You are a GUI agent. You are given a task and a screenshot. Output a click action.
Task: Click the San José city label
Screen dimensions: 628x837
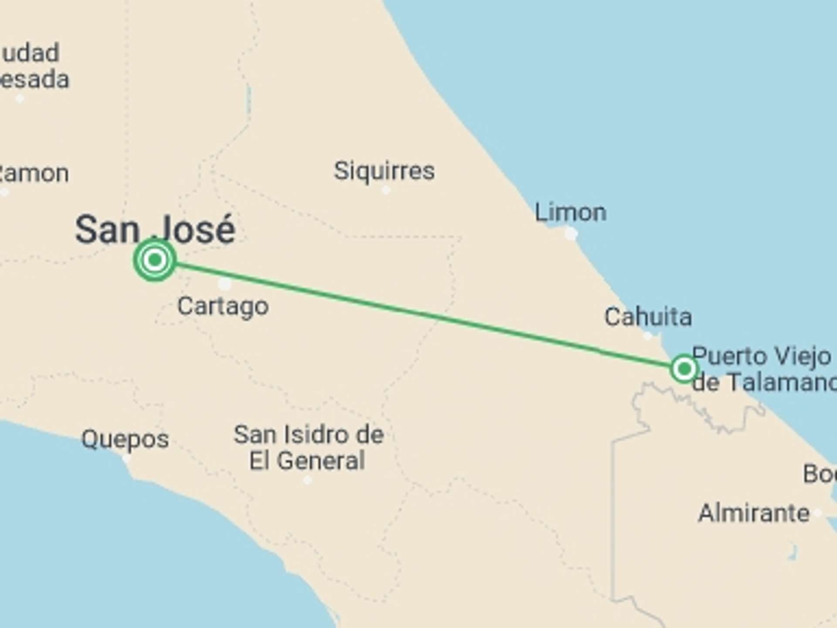pyautogui.click(x=155, y=229)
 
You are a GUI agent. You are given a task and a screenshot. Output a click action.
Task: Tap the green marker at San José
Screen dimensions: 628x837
pyautogui.click(x=155, y=260)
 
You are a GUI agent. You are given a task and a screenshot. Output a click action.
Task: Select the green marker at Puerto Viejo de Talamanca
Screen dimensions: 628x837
pyautogui.click(x=684, y=369)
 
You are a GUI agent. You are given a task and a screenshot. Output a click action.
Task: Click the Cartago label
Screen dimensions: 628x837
pyautogui.click(x=223, y=306)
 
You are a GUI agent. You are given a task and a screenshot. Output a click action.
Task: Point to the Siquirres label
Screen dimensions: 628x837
pyautogui.click(x=384, y=171)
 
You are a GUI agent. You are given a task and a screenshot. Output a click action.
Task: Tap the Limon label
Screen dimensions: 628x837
pyautogui.click(x=570, y=212)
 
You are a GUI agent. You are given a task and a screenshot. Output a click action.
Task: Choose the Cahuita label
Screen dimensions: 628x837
pyautogui.click(x=648, y=317)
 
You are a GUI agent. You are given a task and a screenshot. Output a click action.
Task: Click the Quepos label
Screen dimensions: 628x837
pyautogui.click(x=125, y=439)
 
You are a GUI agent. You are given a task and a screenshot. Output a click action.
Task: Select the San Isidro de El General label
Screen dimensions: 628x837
pyautogui.click(x=308, y=447)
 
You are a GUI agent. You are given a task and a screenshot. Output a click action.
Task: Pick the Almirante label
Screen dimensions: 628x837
pyautogui.click(x=754, y=513)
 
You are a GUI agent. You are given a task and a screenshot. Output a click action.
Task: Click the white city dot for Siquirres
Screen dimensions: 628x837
pyautogui.click(x=386, y=190)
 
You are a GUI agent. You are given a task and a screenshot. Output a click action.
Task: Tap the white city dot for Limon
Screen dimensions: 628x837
pyautogui.click(x=571, y=234)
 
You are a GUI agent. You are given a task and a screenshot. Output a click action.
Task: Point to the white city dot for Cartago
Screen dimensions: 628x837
pyautogui.click(x=225, y=284)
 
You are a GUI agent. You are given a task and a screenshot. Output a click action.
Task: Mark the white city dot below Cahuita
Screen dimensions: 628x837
pyautogui.click(x=648, y=336)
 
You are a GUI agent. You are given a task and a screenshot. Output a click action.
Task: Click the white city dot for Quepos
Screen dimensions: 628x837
pyautogui.click(x=126, y=459)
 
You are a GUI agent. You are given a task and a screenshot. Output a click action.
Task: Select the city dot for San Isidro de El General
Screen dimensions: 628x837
pyautogui.click(x=308, y=480)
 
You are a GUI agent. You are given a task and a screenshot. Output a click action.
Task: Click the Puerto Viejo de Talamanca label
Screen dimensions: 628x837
pyautogui.click(x=763, y=369)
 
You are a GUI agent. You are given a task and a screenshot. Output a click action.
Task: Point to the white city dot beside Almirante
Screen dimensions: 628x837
pyautogui.click(x=818, y=513)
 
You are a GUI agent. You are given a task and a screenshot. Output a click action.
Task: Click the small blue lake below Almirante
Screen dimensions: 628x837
pyautogui.click(x=793, y=553)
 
